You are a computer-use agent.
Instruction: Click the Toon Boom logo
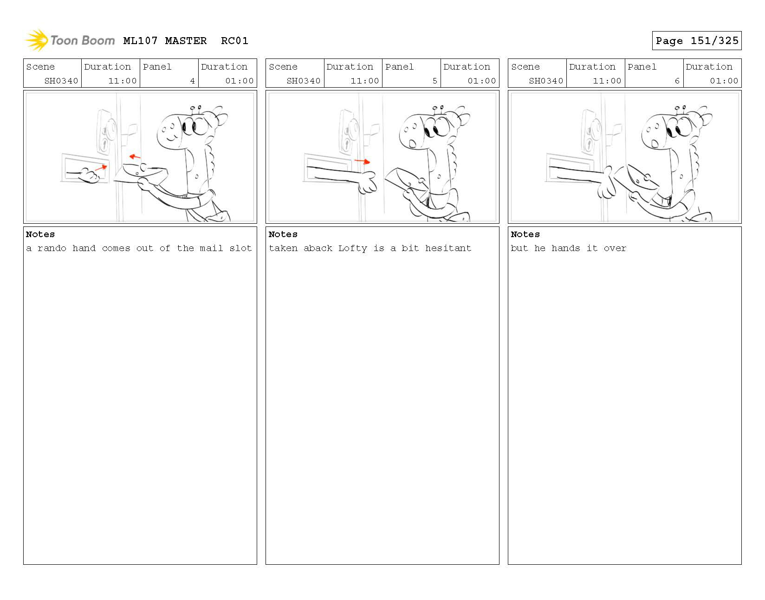point(70,40)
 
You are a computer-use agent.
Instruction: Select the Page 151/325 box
point(696,41)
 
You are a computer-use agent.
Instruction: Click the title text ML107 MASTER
point(165,41)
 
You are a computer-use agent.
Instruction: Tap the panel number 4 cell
point(169,81)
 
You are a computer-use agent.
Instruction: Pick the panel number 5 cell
point(411,81)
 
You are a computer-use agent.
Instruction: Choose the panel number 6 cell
point(654,81)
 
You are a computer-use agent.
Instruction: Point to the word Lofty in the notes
point(352,248)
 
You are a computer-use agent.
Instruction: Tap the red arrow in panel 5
point(363,161)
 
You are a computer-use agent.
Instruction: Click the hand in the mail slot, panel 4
point(90,176)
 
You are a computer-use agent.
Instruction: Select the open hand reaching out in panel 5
point(367,182)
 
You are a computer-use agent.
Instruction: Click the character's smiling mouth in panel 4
point(170,137)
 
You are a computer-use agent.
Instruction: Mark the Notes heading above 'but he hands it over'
point(525,234)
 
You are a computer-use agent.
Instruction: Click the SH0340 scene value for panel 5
point(304,81)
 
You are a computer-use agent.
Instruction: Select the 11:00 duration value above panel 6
point(607,81)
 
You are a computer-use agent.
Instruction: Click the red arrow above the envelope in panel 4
point(135,157)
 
